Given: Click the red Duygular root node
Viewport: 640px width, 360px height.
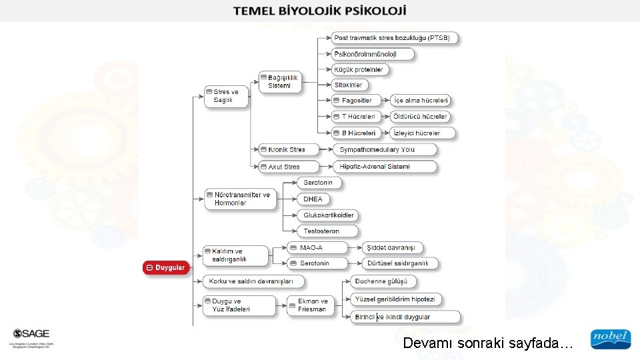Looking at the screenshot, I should pos(166,267).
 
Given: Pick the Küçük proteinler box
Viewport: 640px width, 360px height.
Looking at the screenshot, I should pos(361,69).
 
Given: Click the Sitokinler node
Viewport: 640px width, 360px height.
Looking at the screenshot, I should pos(350,85).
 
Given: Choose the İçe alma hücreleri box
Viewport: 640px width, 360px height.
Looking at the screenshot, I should pos(421,101).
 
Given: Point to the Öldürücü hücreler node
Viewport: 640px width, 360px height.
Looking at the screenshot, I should pos(421,117).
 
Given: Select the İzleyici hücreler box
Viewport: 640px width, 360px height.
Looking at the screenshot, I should pos(421,133).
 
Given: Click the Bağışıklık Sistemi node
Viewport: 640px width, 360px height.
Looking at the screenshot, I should pos(281,81).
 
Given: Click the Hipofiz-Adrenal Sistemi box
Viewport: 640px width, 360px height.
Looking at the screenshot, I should pos(385,166).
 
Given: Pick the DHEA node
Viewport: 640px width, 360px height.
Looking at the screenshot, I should pos(314,199).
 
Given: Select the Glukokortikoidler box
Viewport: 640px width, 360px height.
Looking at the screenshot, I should pos(329,215).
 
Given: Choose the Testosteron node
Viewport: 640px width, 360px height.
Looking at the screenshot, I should pos(321,231).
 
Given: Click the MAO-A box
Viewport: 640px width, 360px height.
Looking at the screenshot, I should pos(317,247).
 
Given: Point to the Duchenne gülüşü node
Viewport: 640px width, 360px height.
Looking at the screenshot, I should pos(384,281).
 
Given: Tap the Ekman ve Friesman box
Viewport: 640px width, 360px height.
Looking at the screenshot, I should pos(311,305).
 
